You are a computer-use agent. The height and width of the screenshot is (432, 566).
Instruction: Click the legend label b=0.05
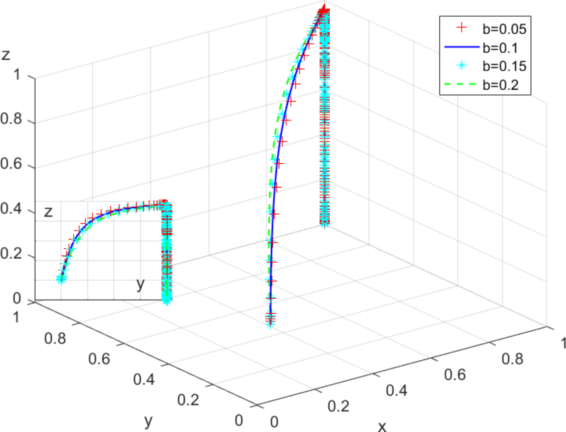[x=504, y=29]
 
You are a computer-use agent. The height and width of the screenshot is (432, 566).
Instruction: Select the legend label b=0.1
[x=500, y=48]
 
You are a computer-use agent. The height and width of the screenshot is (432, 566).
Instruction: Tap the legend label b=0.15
[x=504, y=66]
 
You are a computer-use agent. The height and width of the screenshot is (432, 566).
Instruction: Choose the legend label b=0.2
[x=500, y=85]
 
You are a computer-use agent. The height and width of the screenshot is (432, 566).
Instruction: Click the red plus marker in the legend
[x=462, y=28]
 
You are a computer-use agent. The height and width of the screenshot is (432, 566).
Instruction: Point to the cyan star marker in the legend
[x=462, y=65]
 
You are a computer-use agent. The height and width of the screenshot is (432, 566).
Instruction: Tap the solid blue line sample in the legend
[x=462, y=47]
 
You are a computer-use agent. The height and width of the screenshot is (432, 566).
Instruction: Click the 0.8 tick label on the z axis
[x=11, y=119]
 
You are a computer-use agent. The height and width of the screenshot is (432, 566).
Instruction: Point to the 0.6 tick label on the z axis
[x=11, y=163]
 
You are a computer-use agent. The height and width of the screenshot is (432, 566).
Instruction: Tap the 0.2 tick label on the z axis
[x=11, y=254]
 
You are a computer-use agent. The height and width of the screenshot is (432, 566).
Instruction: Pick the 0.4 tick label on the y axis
[x=144, y=379]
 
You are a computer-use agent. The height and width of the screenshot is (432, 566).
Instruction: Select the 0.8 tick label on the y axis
[x=55, y=338]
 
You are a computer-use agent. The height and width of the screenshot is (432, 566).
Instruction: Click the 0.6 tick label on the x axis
[x=455, y=374]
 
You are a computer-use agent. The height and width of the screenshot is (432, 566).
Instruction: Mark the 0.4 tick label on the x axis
[x=397, y=390]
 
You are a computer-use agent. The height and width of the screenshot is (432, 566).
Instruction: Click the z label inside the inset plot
[x=48, y=212]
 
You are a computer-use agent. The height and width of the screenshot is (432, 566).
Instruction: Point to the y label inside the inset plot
[x=140, y=284]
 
